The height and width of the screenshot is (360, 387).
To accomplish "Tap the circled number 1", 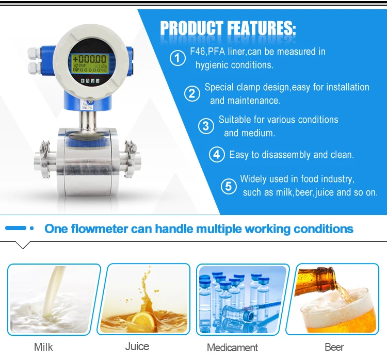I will point(178,58).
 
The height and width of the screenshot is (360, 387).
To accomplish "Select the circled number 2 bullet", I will point(192,93).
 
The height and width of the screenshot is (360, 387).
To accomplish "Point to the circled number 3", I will point(206,126).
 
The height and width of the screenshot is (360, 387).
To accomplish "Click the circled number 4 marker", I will point(217,154).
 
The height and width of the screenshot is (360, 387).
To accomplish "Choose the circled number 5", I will point(229,186).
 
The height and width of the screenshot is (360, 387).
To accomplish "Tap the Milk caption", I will point(43,347).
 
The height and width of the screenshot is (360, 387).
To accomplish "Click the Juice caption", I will point(137,346).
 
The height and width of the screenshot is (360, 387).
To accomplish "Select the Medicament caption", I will point(232,347).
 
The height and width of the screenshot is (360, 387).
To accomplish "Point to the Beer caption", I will point(334,347).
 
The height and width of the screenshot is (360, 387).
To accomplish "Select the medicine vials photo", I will point(241,299).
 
